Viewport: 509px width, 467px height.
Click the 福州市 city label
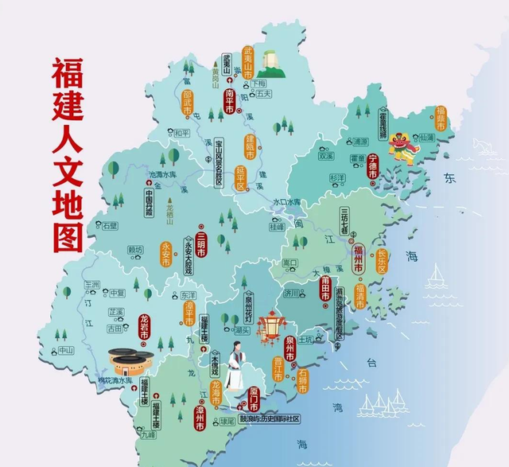358,256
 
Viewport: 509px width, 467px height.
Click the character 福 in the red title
69,76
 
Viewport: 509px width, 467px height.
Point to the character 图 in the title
70,235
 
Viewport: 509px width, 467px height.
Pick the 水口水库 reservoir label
288,203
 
